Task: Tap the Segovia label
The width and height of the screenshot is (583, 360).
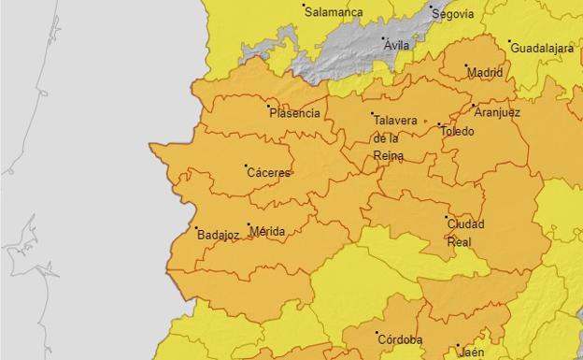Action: pyautogui.click(x=453, y=14)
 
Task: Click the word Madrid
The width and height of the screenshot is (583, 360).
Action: pyautogui.click(x=485, y=72)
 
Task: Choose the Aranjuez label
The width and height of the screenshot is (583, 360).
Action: pyautogui.click(x=497, y=112)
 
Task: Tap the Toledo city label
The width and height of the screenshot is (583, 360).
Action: pyautogui.click(x=458, y=132)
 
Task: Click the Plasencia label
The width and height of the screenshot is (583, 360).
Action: pyautogui.click(x=294, y=114)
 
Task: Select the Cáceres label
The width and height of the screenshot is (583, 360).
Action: pyautogui.click(x=269, y=173)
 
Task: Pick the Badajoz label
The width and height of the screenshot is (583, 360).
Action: pyautogui.click(x=219, y=235)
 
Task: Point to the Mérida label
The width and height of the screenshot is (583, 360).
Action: pyautogui.click(x=268, y=231)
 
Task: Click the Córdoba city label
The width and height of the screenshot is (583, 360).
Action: pyautogui.click(x=400, y=339)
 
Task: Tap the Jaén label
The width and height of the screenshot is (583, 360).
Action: pyautogui.click(x=472, y=352)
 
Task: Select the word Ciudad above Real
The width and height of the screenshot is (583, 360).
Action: pyautogui.click(x=465, y=224)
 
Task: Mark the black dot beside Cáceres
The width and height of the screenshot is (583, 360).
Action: pyautogui.click(x=247, y=166)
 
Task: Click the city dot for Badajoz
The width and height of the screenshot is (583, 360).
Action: pyautogui.click(x=196, y=227)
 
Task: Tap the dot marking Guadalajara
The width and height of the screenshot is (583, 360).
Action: pyautogui.click(x=510, y=42)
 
